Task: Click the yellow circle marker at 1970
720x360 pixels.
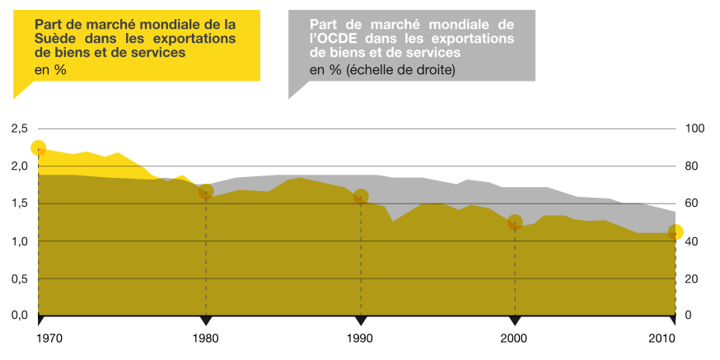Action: [38, 148]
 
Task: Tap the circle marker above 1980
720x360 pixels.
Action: [206, 192]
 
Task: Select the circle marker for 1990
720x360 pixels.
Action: [360, 197]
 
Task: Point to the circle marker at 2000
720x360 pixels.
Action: [516, 222]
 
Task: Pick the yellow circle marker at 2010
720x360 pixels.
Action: [676, 232]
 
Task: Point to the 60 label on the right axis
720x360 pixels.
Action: [692, 203]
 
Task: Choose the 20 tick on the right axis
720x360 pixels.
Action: [692, 278]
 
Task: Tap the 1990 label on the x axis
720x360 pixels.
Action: [359, 339]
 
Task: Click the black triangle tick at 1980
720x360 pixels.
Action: [205, 320]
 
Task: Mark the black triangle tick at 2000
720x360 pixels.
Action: [514, 320]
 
